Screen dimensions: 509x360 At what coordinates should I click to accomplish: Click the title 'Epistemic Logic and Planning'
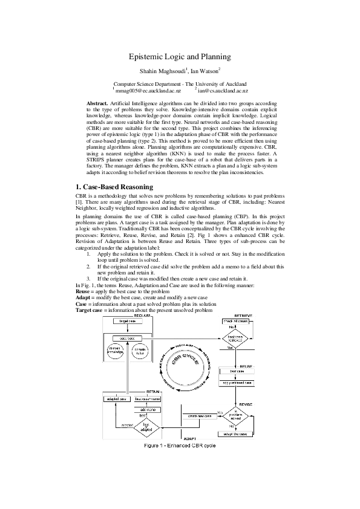pos(180,57)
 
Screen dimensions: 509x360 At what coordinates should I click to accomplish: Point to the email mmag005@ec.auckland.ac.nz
pos(147,90)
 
